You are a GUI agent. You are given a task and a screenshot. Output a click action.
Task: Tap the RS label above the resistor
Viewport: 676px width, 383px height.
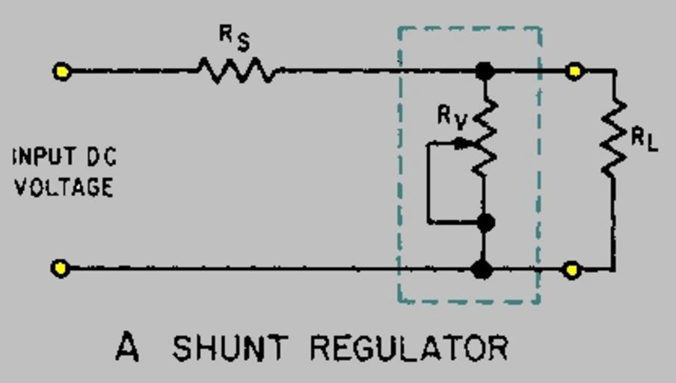tap(234, 37)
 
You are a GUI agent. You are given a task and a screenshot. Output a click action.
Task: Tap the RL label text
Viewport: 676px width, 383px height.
tap(644, 139)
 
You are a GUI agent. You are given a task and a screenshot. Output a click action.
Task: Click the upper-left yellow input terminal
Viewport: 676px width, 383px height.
tap(62, 71)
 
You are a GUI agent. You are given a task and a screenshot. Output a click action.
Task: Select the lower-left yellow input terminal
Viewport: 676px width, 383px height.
tap(61, 268)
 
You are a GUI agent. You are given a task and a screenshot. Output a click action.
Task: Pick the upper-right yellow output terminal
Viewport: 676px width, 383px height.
tap(574, 71)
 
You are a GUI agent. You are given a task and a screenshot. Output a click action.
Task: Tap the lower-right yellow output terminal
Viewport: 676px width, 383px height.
tap(572, 269)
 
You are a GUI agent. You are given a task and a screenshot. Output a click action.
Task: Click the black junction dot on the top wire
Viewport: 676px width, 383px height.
tap(485, 71)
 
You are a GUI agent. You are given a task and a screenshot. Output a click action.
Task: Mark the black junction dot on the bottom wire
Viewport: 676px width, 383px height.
tap(482, 269)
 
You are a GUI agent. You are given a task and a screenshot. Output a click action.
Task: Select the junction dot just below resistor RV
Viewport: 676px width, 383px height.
tap(485, 222)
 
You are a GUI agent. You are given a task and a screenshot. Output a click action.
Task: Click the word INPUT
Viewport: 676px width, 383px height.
tap(44, 157)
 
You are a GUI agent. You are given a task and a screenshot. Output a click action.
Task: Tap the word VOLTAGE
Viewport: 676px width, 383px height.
tap(64, 187)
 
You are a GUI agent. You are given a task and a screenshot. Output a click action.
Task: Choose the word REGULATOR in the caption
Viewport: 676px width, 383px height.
tap(409, 349)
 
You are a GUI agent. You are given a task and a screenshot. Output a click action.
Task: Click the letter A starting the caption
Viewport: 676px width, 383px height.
tap(127, 348)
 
